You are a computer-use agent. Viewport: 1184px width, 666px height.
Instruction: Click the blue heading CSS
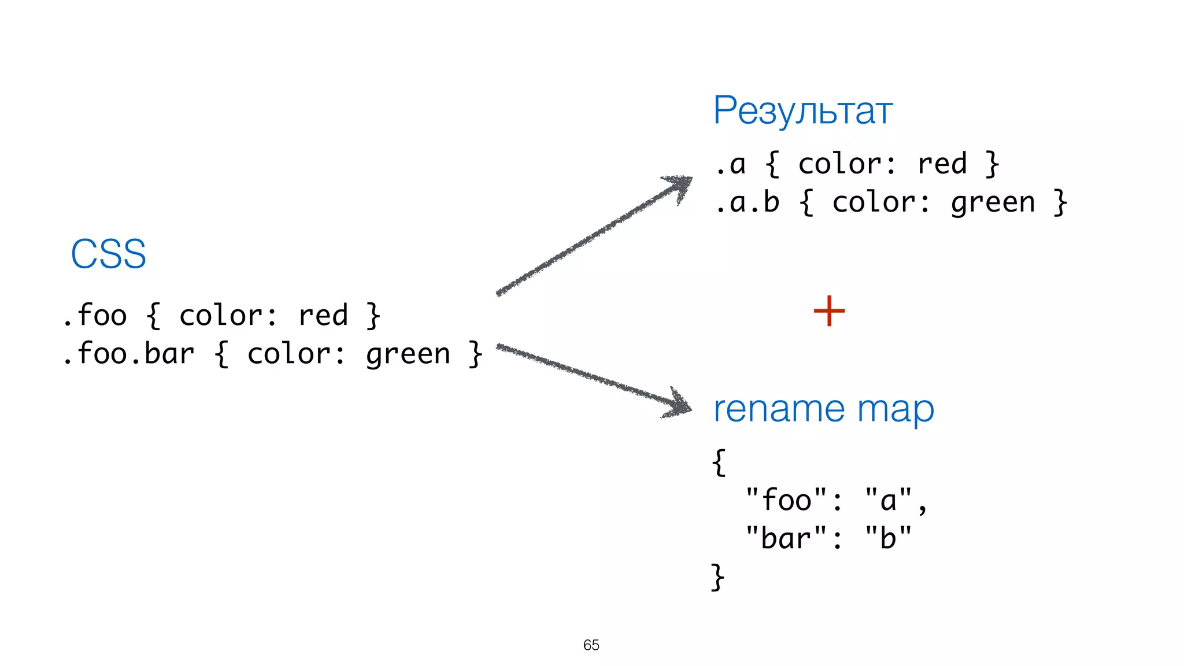click(x=108, y=254)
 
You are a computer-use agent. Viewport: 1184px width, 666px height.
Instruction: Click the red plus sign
click(x=829, y=311)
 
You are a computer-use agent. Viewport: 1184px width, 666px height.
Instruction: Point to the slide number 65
click(x=591, y=645)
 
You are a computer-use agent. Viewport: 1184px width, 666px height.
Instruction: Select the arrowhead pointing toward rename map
click(x=679, y=403)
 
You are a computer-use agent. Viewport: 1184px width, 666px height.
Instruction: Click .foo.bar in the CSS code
click(x=128, y=353)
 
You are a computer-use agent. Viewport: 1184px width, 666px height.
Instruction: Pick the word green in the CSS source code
click(x=408, y=354)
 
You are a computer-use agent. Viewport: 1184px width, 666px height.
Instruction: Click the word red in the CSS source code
click(x=323, y=316)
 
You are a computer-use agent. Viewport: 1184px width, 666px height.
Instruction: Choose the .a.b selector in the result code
click(x=748, y=202)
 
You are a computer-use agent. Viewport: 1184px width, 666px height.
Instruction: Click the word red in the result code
click(x=942, y=164)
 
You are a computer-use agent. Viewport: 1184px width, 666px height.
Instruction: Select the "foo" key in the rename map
click(x=787, y=500)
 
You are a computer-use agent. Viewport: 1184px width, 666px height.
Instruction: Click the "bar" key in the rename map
click(x=787, y=539)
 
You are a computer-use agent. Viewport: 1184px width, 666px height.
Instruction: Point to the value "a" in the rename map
click(x=889, y=500)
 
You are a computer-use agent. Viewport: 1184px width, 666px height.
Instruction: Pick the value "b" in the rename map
click(x=889, y=539)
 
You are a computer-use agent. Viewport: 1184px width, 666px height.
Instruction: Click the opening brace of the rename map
click(x=719, y=462)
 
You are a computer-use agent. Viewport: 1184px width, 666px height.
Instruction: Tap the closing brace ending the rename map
click(x=717, y=577)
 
